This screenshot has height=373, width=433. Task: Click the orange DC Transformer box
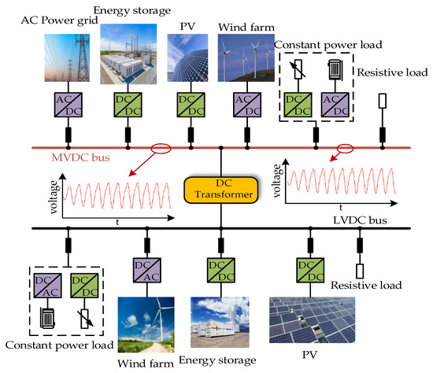221,190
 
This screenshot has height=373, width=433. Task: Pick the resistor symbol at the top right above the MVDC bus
383,101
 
